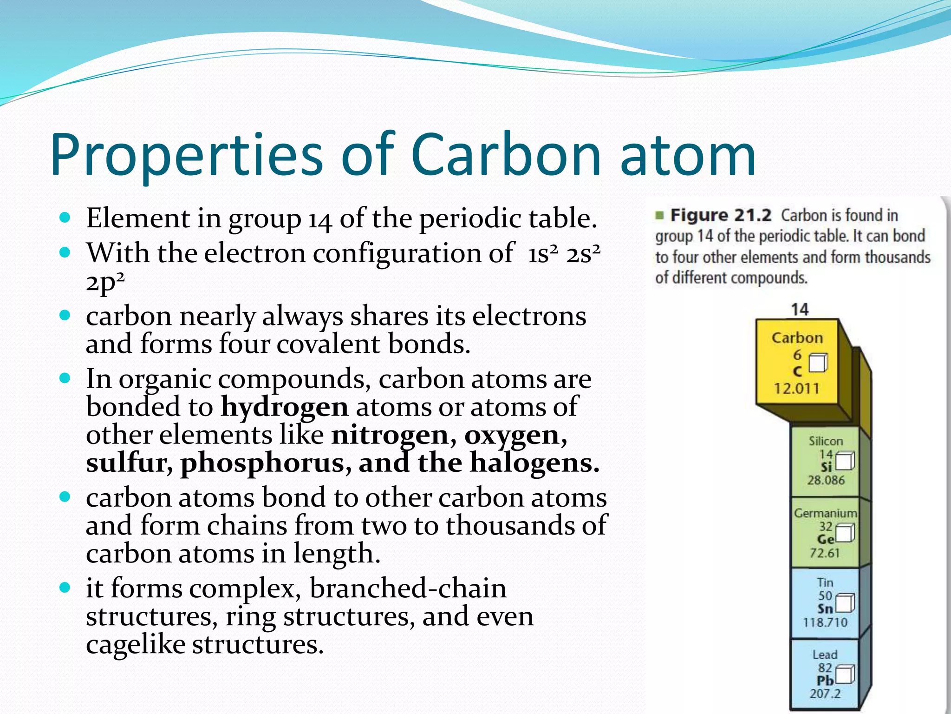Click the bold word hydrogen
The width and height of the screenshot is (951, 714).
284,408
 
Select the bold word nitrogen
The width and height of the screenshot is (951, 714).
390,436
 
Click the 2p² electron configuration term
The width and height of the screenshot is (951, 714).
105,282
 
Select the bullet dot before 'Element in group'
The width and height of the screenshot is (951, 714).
65,218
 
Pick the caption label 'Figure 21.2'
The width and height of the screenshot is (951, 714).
721,215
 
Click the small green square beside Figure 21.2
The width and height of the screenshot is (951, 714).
659,215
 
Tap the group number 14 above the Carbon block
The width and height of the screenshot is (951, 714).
800,309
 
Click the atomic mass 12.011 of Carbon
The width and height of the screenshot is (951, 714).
796,388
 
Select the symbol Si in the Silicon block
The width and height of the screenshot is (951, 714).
826,467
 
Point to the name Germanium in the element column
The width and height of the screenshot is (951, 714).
825,513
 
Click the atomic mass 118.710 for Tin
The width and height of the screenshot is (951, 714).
825,622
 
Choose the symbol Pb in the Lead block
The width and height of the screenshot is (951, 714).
825,681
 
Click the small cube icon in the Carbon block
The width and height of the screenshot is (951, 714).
818,363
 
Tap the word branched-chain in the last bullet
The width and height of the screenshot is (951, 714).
408,588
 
